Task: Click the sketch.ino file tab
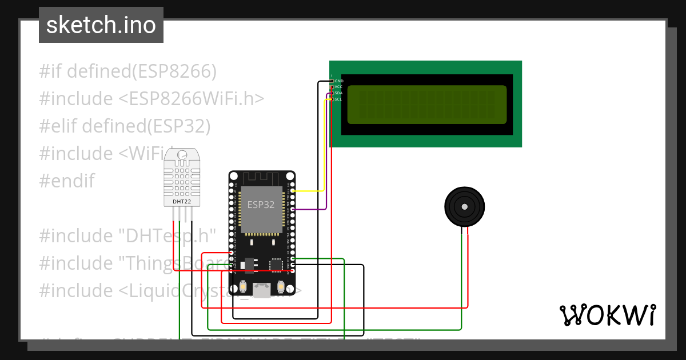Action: click(101, 25)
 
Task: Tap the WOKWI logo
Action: click(607, 315)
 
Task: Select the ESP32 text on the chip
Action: click(261, 205)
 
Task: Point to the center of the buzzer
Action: click(465, 207)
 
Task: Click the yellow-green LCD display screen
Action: click(426, 104)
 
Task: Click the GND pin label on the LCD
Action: click(338, 81)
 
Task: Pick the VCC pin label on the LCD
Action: click(338, 87)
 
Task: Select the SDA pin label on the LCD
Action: click(338, 93)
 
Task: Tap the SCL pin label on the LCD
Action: click(338, 99)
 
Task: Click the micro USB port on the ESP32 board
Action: click(262, 291)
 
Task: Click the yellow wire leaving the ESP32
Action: click(309, 191)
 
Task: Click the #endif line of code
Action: click(66, 181)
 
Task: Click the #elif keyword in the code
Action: click(58, 126)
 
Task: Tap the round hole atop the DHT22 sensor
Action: click(182, 154)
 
